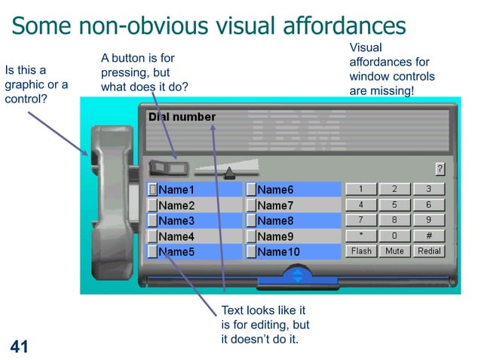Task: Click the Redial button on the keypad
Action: [x=429, y=251]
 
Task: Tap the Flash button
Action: [x=361, y=251]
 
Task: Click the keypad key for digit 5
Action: [x=395, y=205]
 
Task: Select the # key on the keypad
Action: [x=429, y=236]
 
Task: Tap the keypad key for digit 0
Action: [x=395, y=236]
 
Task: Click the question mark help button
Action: [x=440, y=169]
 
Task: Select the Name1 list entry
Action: [x=176, y=190]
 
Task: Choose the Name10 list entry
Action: [x=278, y=252]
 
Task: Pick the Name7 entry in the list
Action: [x=275, y=206]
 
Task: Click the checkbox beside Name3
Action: [x=152, y=221]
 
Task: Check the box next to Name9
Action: [x=251, y=236]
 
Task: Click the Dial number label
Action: [x=182, y=117]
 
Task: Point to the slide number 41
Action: [x=19, y=346]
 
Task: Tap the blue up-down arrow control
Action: [x=297, y=275]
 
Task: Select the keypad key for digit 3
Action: [x=429, y=189]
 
